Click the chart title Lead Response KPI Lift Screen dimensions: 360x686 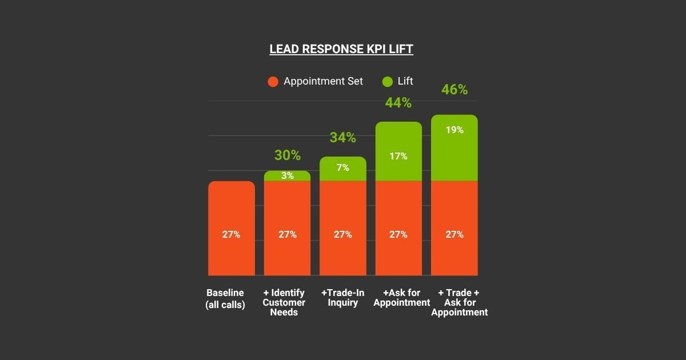coord(341,49)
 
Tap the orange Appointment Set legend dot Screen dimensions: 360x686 coord(273,82)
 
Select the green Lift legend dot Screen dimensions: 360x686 coord(388,82)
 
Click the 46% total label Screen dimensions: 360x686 coord(454,90)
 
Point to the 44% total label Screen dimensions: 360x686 coord(398,103)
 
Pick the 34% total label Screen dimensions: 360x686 coord(342,138)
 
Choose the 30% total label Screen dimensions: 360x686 coord(287,155)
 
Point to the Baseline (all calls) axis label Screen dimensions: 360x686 coord(225,299)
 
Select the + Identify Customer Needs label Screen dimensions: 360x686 coord(284,303)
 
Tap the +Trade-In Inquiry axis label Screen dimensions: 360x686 coord(343,298)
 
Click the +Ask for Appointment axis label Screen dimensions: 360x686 coord(401,298)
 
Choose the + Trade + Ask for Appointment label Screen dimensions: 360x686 coord(460,303)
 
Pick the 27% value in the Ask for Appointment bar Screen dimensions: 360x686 coord(398,234)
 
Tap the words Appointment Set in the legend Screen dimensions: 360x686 coord(323,81)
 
